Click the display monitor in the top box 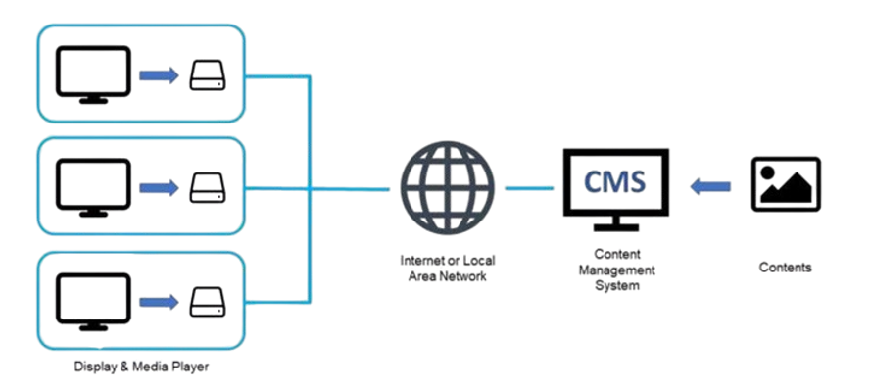92,74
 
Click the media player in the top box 208,75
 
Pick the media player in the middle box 208,185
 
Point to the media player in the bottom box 208,300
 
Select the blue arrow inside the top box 159,75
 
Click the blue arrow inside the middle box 159,185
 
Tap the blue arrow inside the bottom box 159,300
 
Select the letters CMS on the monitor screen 614,181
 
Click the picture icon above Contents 785,184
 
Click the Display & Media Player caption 141,367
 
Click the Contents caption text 785,267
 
